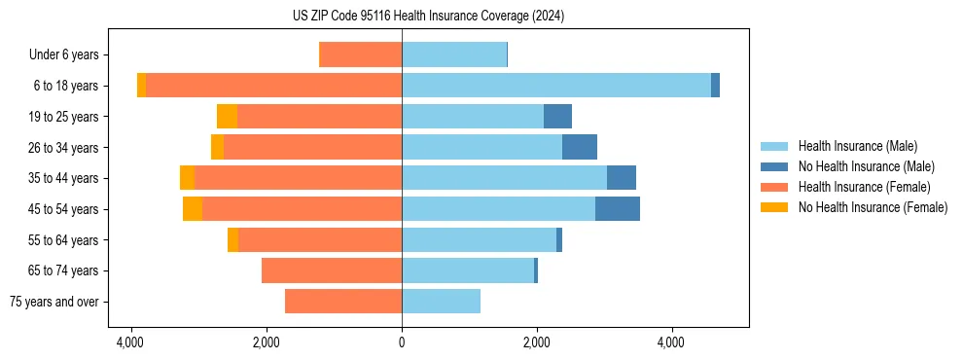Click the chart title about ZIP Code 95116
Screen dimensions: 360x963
pyautogui.click(x=428, y=17)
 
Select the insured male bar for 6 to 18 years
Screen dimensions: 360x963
pyautogui.click(x=555, y=86)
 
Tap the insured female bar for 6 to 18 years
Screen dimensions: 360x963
pyautogui.click(x=273, y=86)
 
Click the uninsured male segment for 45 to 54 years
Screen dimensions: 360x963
pyautogui.click(x=618, y=209)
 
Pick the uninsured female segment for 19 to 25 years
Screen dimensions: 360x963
pyautogui.click(x=227, y=117)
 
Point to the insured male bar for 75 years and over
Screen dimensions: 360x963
pyautogui.click(x=441, y=302)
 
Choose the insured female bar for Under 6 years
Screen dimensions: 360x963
pyautogui.click(x=360, y=55)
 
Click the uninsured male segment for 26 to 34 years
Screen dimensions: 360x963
pyautogui.click(x=580, y=147)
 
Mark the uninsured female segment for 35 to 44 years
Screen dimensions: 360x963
pyautogui.click(x=187, y=178)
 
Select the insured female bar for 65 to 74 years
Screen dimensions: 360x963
pyautogui.click(x=332, y=270)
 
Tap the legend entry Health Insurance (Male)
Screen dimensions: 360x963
pyautogui.click(x=857, y=146)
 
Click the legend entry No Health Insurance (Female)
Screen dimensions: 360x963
pyautogui.click(x=873, y=207)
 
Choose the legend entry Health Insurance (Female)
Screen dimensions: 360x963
pyautogui.click(x=864, y=187)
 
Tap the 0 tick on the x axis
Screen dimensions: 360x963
pyautogui.click(x=402, y=342)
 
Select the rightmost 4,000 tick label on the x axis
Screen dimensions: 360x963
pyautogui.click(x=671, y=342)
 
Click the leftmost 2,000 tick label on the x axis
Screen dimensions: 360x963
pyautogui.click(x=267, y=342)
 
